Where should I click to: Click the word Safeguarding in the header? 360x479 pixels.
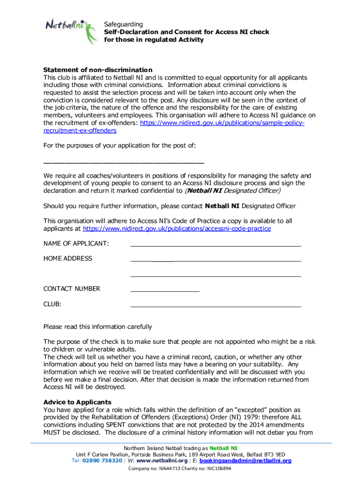pos(123,24)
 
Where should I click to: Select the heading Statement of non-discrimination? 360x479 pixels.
pos(98,70)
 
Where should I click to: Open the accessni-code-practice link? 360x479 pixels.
pos(177,229)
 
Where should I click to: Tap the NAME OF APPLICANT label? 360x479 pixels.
pos(76,244)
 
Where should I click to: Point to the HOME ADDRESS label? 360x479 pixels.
pos(68,259)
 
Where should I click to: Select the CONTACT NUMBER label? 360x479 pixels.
pos(72,289)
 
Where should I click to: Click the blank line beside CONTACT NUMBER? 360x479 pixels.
pos(165,291)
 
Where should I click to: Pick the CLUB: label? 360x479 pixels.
pos(52,304)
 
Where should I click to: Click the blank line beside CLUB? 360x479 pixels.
pos(216,306)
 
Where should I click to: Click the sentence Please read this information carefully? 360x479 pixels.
pos(97,327)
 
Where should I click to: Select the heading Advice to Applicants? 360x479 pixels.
pos(77,402)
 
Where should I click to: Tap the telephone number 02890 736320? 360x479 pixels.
pos(103,461)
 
